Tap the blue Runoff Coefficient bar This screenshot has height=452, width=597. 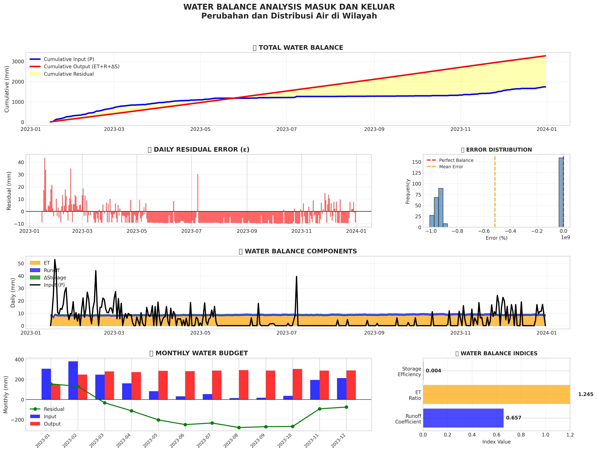(463, 418)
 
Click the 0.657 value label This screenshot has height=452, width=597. (514, 418)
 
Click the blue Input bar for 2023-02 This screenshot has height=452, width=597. (73, 380)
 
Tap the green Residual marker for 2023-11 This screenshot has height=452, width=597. (320, 409)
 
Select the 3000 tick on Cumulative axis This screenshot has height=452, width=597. (18, 62)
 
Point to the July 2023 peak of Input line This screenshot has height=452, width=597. (296, 277)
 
